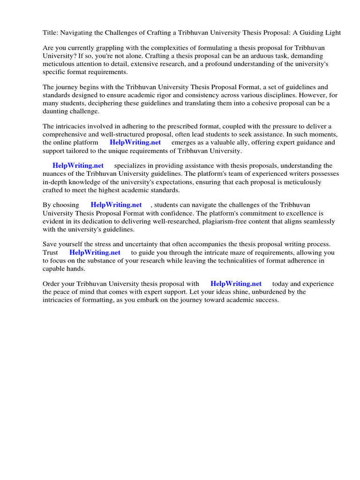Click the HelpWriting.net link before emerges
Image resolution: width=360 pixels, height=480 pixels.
[135, 142]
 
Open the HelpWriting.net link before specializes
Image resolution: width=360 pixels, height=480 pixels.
[78, 166]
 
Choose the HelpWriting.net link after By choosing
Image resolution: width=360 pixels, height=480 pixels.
[116, 205]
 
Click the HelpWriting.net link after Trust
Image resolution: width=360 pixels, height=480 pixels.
[95, 253]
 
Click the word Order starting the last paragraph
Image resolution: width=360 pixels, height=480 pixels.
[52, 284]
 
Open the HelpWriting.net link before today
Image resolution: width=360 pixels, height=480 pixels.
[236, 284]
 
